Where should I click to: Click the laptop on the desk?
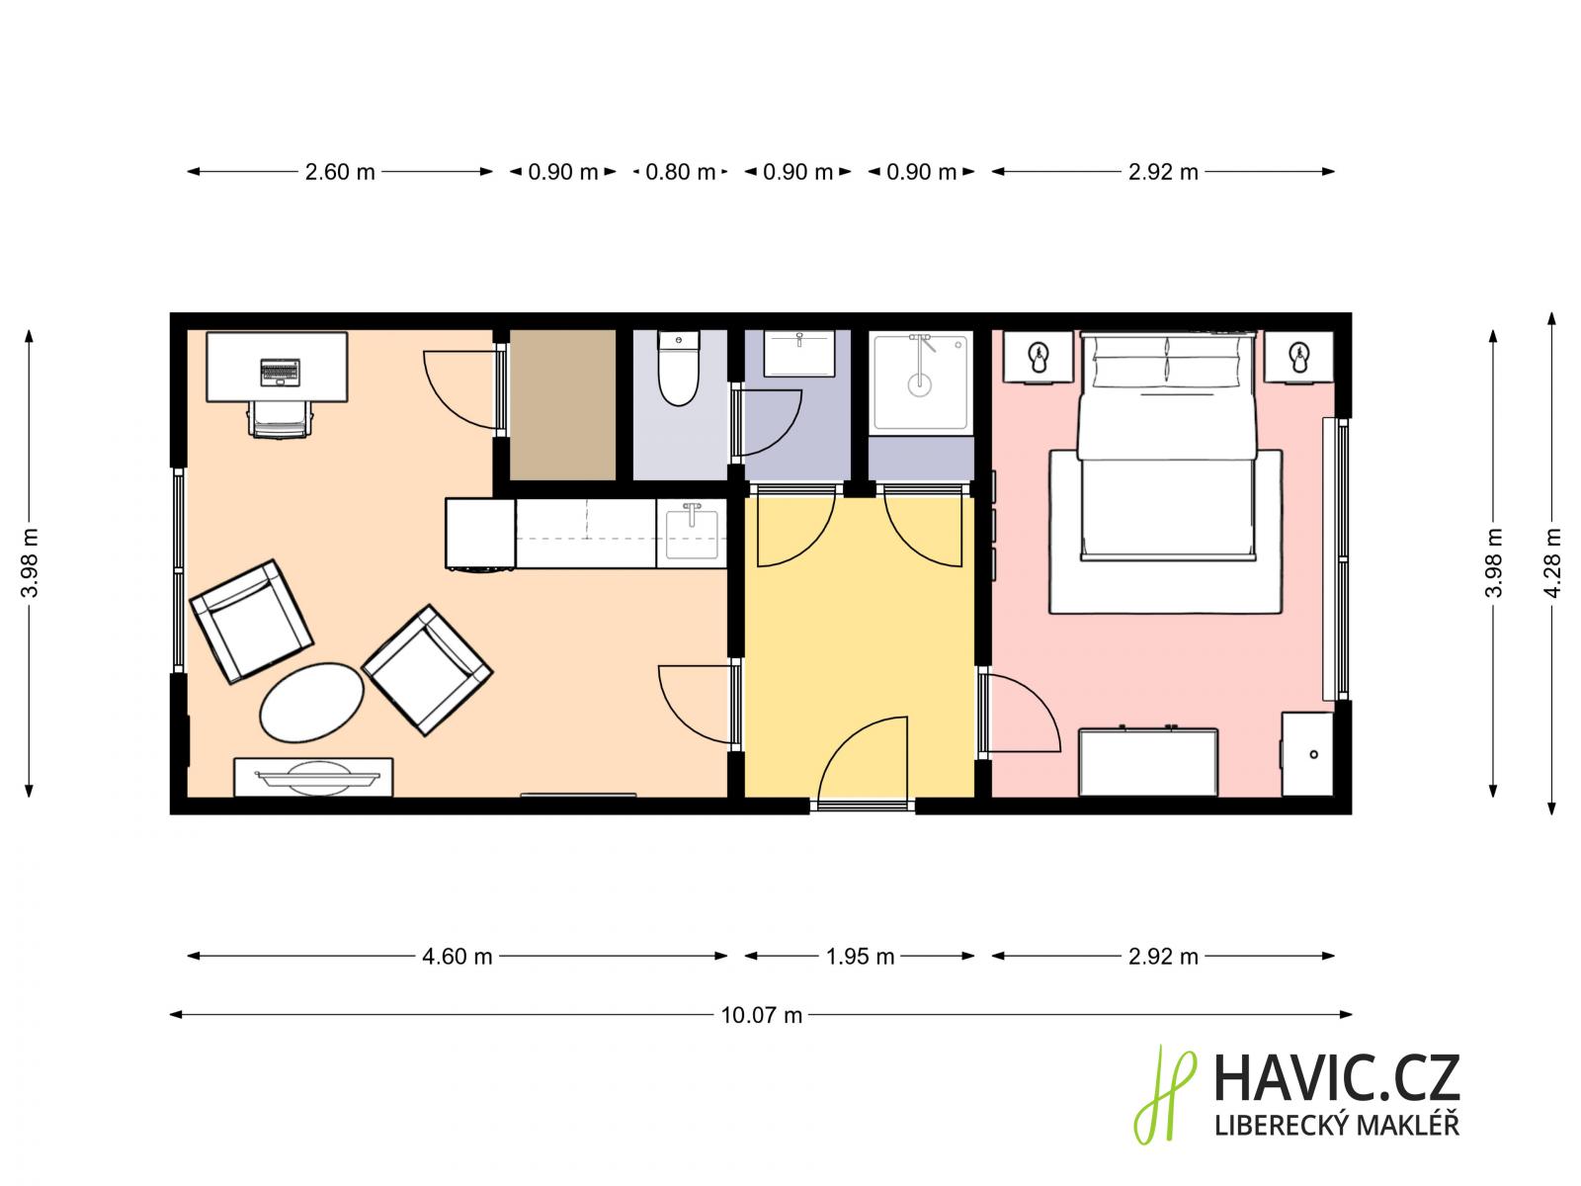(280, 372)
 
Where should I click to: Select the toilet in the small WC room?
(679, 368)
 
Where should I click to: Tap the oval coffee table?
(311, 702)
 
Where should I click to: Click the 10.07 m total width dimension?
(761, 1015)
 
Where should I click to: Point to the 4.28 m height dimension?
(1553, 563)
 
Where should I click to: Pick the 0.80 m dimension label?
(680, 172)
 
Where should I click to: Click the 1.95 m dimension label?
(860, 957)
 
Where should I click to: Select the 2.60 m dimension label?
(340, 172)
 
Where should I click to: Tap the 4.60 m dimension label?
(458, 957)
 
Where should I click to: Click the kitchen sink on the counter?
(692, 534)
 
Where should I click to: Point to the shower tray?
(920, 381)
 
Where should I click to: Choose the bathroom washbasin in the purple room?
(798, 353)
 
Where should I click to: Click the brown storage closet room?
(562, 404)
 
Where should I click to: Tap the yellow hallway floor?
(860, 648)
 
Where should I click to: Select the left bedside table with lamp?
(1038, 357)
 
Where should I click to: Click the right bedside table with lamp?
(1299, 357)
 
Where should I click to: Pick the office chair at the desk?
(281, 420)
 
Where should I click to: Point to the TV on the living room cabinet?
(317, 776)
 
